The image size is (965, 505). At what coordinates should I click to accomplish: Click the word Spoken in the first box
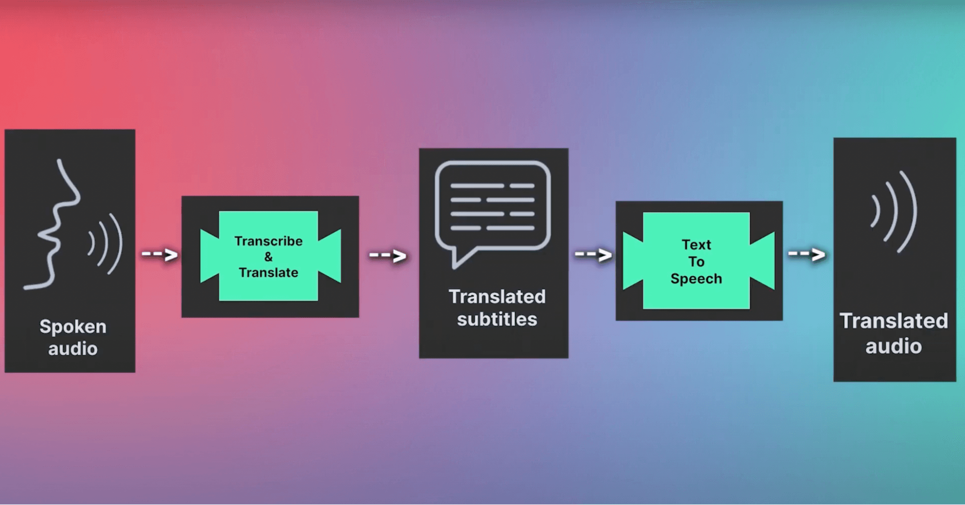tap(73, 327)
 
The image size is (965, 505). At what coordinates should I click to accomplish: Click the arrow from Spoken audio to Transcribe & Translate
tap(160, 254)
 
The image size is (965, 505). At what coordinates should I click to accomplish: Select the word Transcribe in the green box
tap(268, 241)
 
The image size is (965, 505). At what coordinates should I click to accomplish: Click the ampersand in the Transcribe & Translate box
tap(268, 257)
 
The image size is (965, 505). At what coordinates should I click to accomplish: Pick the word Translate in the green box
tap(268, 273)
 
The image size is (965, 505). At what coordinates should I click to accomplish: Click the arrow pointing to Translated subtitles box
tap(388, 255)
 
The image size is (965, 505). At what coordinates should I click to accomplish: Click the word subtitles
tap(497, 319)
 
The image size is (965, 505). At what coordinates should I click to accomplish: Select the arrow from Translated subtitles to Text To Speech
tap(594, 254)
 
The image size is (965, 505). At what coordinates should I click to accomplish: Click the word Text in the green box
tap(696, 245)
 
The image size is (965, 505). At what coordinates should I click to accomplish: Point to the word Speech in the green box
tap(696, 279)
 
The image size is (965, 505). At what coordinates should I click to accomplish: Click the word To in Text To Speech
tap(696, 261)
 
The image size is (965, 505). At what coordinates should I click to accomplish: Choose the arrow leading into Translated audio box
tap(807, 254)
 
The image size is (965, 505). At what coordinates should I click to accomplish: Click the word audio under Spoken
tap(73, 349)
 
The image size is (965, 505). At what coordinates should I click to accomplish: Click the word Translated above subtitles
tap(497, 297)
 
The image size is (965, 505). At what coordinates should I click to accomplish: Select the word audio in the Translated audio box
tap(894, 346)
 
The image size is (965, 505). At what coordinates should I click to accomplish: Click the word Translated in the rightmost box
tap(894, 321)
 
